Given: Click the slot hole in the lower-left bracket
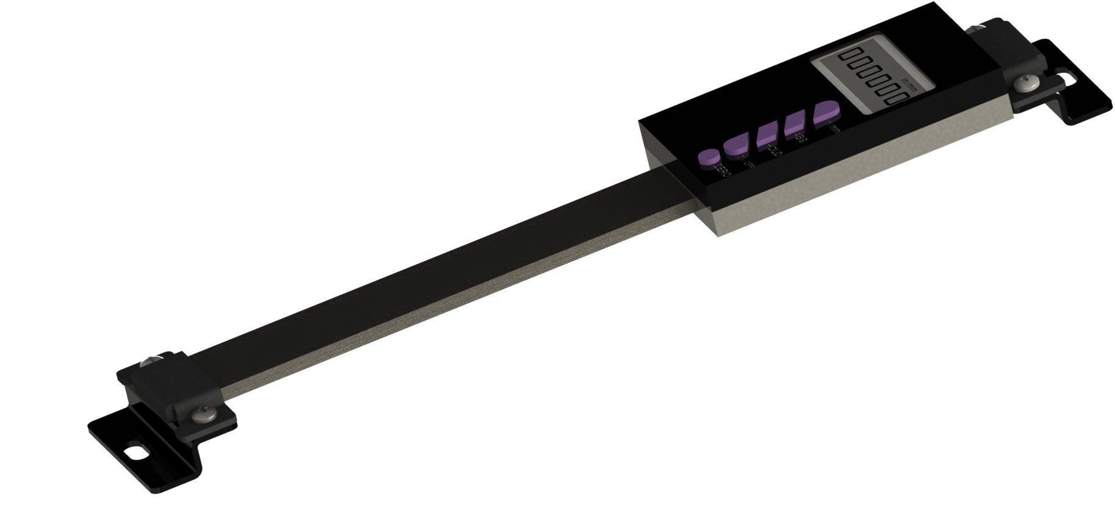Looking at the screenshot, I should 135,454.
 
